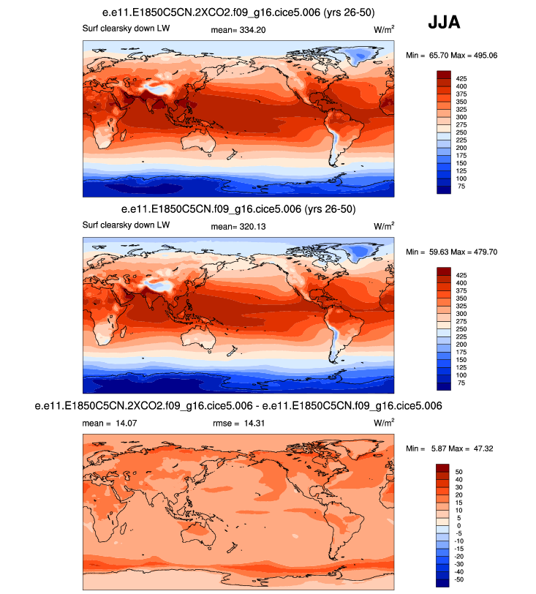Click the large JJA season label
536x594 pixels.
(x=444, y=23)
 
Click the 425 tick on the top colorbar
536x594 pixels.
(x=462, y=76)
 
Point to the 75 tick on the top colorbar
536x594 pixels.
(x=461, y=187)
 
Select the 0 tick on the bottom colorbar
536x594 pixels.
(x=458, y=525)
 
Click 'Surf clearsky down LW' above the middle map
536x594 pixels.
(x=126, y=225)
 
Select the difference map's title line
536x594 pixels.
(x=238, y=405)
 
